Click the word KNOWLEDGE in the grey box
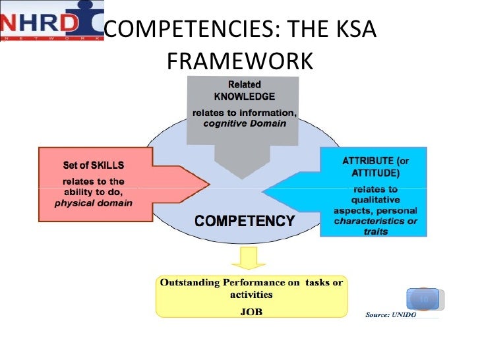(245, 96)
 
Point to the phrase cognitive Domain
(244, 124)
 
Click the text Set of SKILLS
(93, 164)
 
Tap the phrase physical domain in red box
(93, 202)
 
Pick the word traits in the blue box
(376, 232)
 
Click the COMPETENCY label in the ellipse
(244, 221)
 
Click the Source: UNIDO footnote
(394, 314)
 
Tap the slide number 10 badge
(423, 300)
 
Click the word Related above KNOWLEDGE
(244, 84)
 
